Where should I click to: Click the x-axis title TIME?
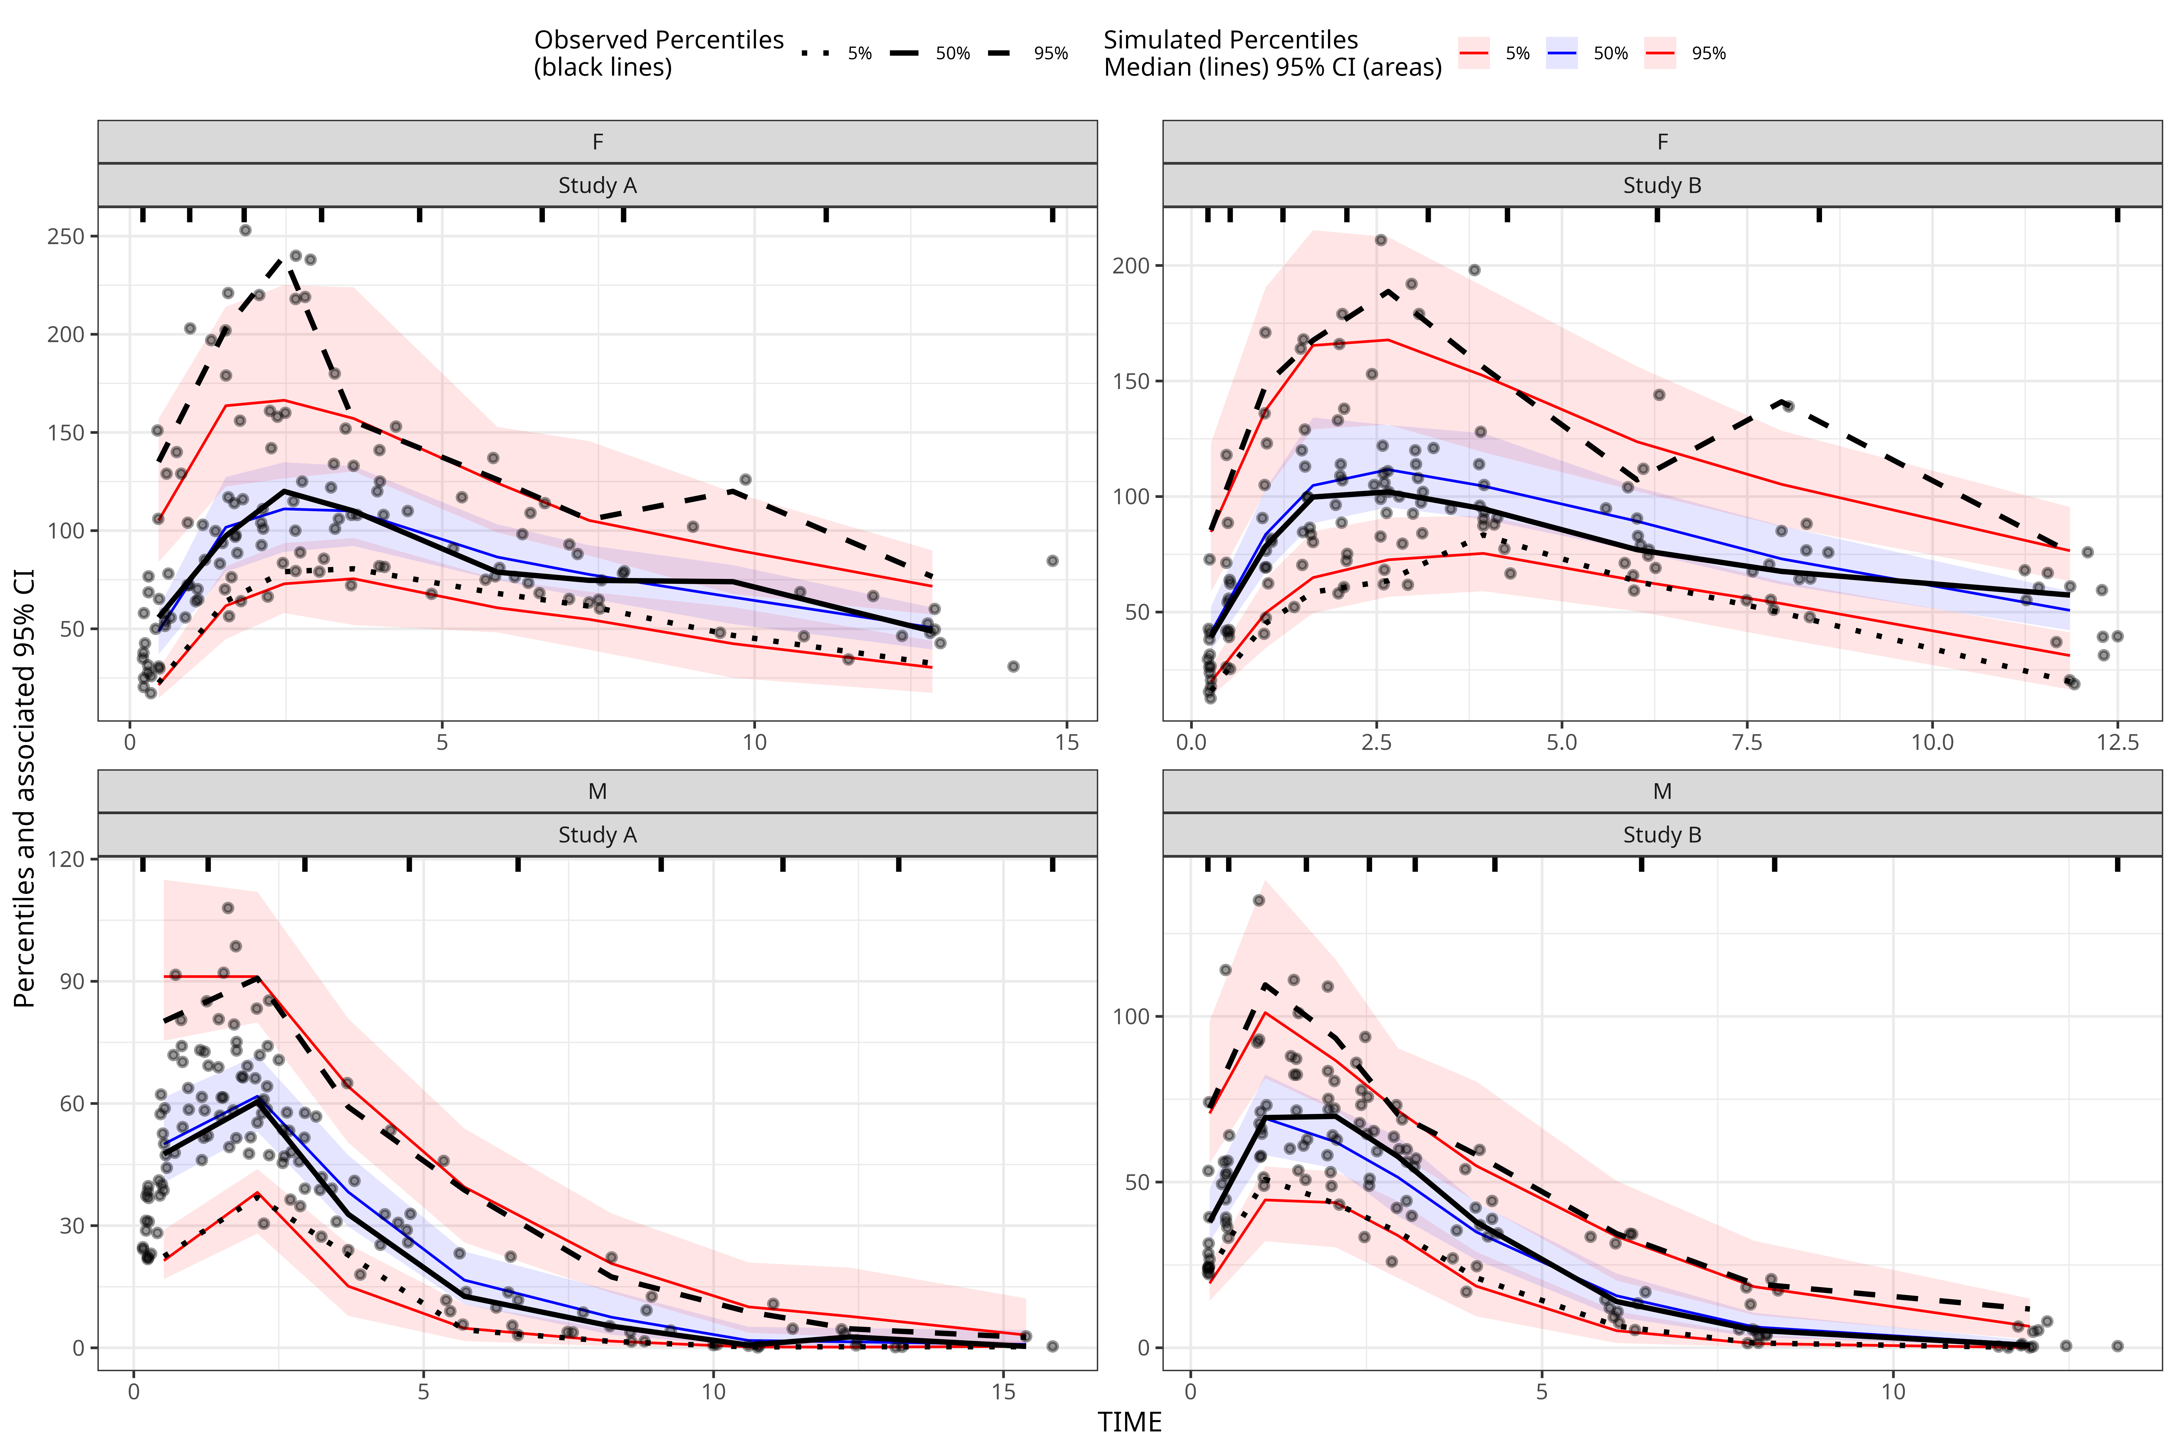coord(1129,1422)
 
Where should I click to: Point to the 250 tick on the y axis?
coord(66,236)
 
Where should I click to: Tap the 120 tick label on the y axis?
coord(66,859)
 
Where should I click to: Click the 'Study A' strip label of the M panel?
coord(597,835)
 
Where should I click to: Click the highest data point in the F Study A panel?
coord(245,230)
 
